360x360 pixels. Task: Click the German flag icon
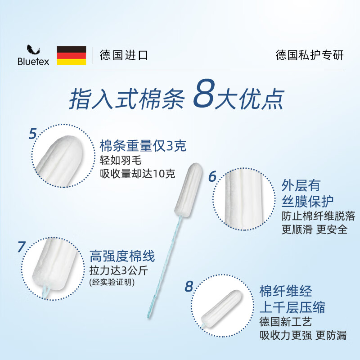[71, 55]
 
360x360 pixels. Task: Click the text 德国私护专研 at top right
[309, 55]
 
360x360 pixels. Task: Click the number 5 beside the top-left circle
[32, 134]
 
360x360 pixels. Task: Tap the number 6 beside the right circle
[212, 176]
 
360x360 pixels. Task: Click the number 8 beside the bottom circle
[189, 286]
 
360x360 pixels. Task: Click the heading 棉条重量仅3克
[143, 146]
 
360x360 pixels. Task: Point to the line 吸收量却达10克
[137, 174]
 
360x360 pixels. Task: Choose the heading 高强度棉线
[122, 256]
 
